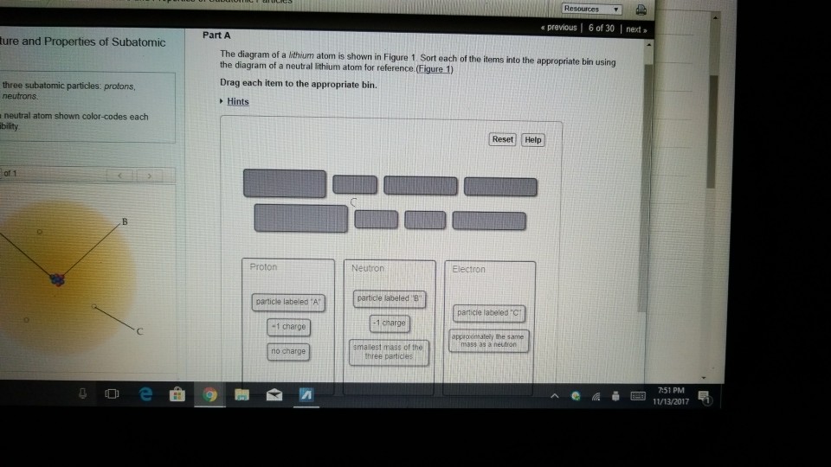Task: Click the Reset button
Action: tap(503, 139)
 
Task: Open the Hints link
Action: tap(237, 101)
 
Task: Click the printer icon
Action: tap(641, 10)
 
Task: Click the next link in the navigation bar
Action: tap(635, 29)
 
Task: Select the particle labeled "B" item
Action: tap(390, 297)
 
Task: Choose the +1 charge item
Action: tap(289, 328)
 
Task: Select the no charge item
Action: tap(289, 351)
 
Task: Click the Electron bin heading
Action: tap(469, 270)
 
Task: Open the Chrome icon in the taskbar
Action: tap(209, 396)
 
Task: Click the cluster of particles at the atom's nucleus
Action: tap(58, 278)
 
